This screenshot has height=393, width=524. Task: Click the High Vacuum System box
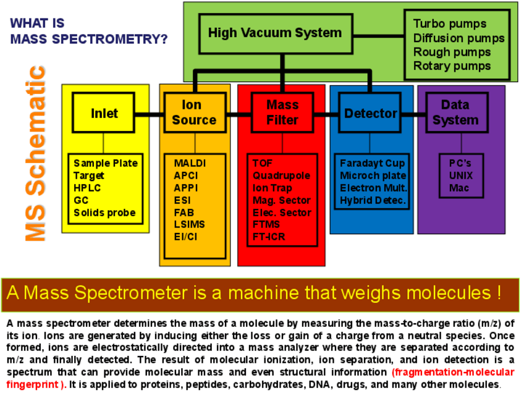[x=274, y=33]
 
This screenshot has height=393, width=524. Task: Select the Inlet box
[x=104, y=113]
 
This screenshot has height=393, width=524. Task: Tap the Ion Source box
[x=194, y=112]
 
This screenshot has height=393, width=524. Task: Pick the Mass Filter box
[x=282, y=112]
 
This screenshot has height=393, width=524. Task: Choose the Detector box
[x=371, y=113]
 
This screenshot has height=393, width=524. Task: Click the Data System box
[x=455, y=112]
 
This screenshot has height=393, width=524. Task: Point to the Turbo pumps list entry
[x=450, y=24]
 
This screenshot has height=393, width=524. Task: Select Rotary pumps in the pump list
[x=452, y=65]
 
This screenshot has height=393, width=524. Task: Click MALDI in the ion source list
[x=190, y=164]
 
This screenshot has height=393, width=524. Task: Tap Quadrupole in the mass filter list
[x=281, y=175]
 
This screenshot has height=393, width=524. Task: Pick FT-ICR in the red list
[x=269, y=237]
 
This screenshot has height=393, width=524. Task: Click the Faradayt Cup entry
[x=373, y=163]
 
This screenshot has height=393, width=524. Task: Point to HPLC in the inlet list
[x=87, y=188]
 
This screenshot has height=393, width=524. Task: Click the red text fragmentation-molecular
[x=453, y=372]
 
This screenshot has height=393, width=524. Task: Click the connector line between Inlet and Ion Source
[x=149, y=113]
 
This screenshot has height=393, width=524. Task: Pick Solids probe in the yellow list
[x=104, y=213]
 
